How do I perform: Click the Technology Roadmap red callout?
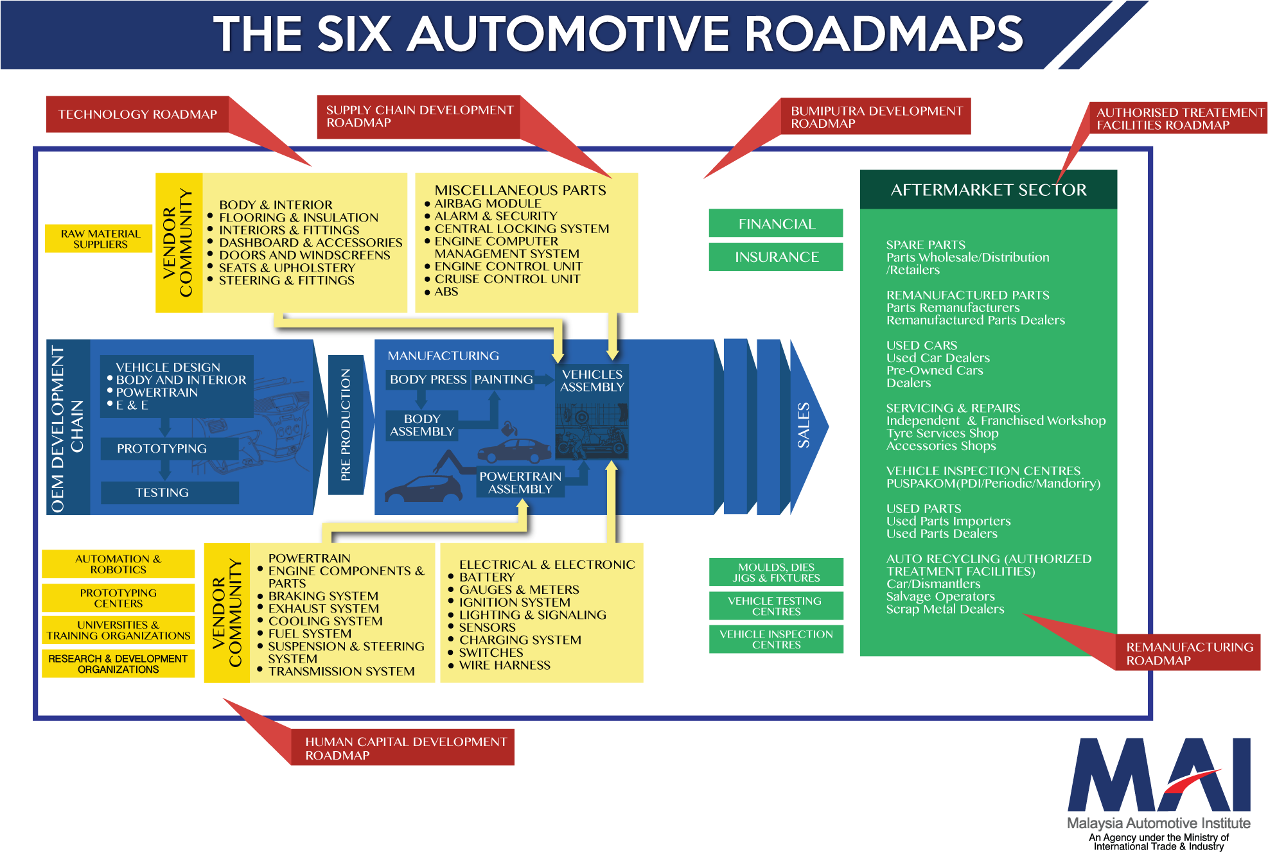pos(137,114)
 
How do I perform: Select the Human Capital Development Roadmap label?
pos(403,747)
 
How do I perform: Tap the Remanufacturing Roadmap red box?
pos(1188,652)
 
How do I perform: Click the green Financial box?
pos(776,223)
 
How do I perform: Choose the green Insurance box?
pos(776,257)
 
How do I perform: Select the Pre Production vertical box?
pos(346,424)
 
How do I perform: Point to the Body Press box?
pos(428,379)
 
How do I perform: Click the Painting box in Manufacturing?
pos(504,379)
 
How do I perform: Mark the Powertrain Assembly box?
pos(520,482)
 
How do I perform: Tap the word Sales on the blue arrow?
pos(803,425)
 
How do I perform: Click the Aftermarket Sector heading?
pos(989,189)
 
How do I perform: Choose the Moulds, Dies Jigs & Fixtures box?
pos(776,572)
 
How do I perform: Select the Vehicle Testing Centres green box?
pos(776,605)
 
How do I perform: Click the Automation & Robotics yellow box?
pos(118,564)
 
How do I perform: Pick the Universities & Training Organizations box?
pos(118,630)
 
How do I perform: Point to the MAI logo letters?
pos(1159,775)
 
